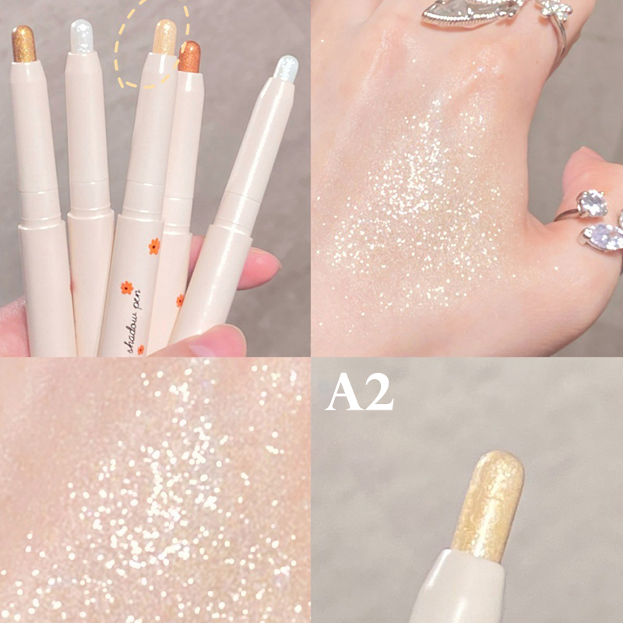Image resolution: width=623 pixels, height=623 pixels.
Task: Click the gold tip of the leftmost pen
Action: pos(23,44)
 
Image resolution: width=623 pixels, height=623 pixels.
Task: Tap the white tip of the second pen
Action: pos(82,36)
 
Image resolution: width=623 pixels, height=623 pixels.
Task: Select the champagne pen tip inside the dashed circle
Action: pos(164,37)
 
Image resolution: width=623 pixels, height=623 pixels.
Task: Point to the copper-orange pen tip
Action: pos(189,56)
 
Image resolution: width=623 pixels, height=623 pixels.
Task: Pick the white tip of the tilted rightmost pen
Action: pos(286,69)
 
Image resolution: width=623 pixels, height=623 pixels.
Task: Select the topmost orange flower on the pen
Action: pos(154,246)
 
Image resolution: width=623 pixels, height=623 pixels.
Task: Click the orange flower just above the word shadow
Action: pos(127,287)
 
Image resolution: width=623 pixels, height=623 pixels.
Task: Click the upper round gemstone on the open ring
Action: pos(592,203)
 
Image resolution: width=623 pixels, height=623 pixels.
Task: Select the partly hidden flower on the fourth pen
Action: pos(180,301)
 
